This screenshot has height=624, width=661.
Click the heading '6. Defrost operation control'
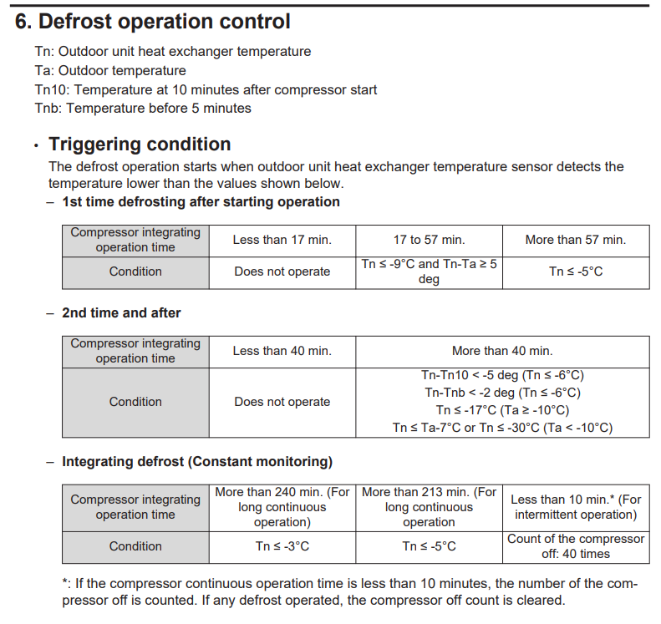click(153, 22)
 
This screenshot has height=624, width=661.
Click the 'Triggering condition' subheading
click(140, 144)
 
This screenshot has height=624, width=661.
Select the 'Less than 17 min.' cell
click(282, 240)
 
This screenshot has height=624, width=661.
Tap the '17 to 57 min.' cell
click(429, 240)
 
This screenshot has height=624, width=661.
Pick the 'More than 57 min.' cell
click(575, 240)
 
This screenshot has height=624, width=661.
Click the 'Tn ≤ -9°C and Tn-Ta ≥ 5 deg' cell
click(429, 271)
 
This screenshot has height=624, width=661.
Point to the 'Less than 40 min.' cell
click(282, 351)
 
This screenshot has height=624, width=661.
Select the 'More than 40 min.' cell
click(502, 351)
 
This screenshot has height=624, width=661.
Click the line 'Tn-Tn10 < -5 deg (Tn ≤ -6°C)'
click(502, 375)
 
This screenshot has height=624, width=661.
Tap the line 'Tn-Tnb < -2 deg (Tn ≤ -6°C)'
click(502, 393)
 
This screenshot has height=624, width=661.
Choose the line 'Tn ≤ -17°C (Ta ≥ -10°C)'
click(502, 410)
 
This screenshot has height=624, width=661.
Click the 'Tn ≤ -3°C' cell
click(282, 546)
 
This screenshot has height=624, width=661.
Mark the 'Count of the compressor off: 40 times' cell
click(576, 546)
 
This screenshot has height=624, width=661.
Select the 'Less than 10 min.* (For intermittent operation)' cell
click(576, 507)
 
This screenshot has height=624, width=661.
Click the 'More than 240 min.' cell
click(282, 507)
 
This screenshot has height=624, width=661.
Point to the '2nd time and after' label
click(121, 312)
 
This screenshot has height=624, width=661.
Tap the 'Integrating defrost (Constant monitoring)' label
click(196, 461)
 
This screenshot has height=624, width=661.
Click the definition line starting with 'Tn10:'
click(206, 89)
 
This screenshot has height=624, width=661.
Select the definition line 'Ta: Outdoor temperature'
click(110, 70)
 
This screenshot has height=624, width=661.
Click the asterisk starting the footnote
click(65, 583)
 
